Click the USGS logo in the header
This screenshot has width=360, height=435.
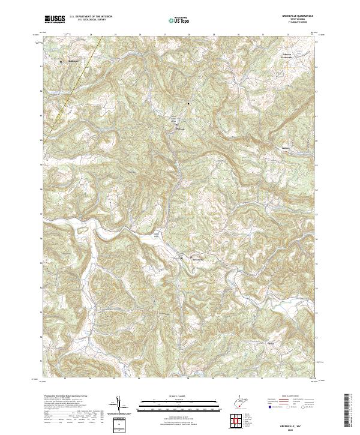click(x=55, y=20)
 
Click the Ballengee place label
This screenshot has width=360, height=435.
click(x=71, y=61)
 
